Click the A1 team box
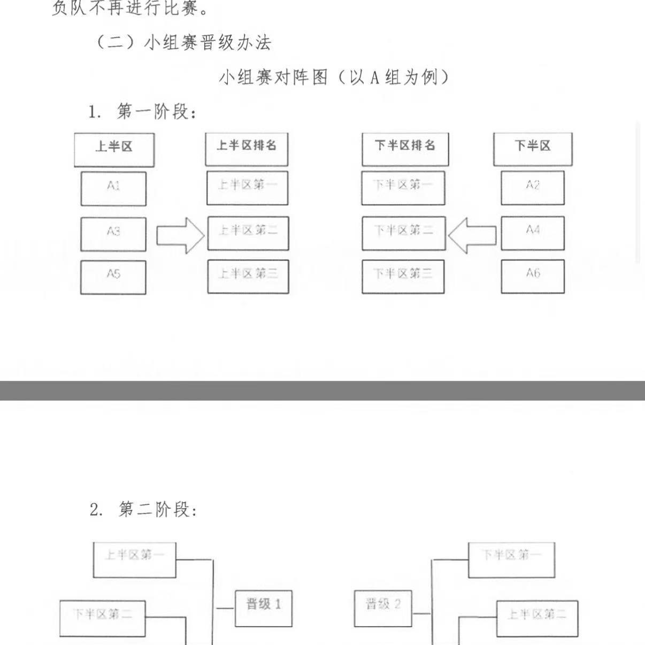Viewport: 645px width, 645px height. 113,188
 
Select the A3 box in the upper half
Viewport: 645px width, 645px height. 113,234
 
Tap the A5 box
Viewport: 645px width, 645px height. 113,277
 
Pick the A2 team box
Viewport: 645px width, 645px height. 532,188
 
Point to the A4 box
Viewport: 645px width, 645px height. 532,233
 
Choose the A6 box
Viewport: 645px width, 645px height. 532,277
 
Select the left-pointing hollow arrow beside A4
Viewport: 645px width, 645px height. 472,235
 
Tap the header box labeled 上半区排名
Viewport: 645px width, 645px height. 247,149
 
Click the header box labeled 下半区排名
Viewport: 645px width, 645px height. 405,149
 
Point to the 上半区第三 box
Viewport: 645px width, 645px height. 248,277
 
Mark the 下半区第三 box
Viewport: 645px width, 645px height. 403,277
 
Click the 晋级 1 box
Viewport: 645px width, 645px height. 264,608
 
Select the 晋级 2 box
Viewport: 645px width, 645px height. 383,608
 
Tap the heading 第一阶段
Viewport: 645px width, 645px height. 143,112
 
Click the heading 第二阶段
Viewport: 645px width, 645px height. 143,509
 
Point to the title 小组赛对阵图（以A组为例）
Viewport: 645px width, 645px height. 334,78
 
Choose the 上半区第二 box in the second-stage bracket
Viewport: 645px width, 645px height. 537,618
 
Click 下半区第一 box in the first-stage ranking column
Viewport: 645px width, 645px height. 403,188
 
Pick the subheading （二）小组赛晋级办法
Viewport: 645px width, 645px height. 182,42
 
